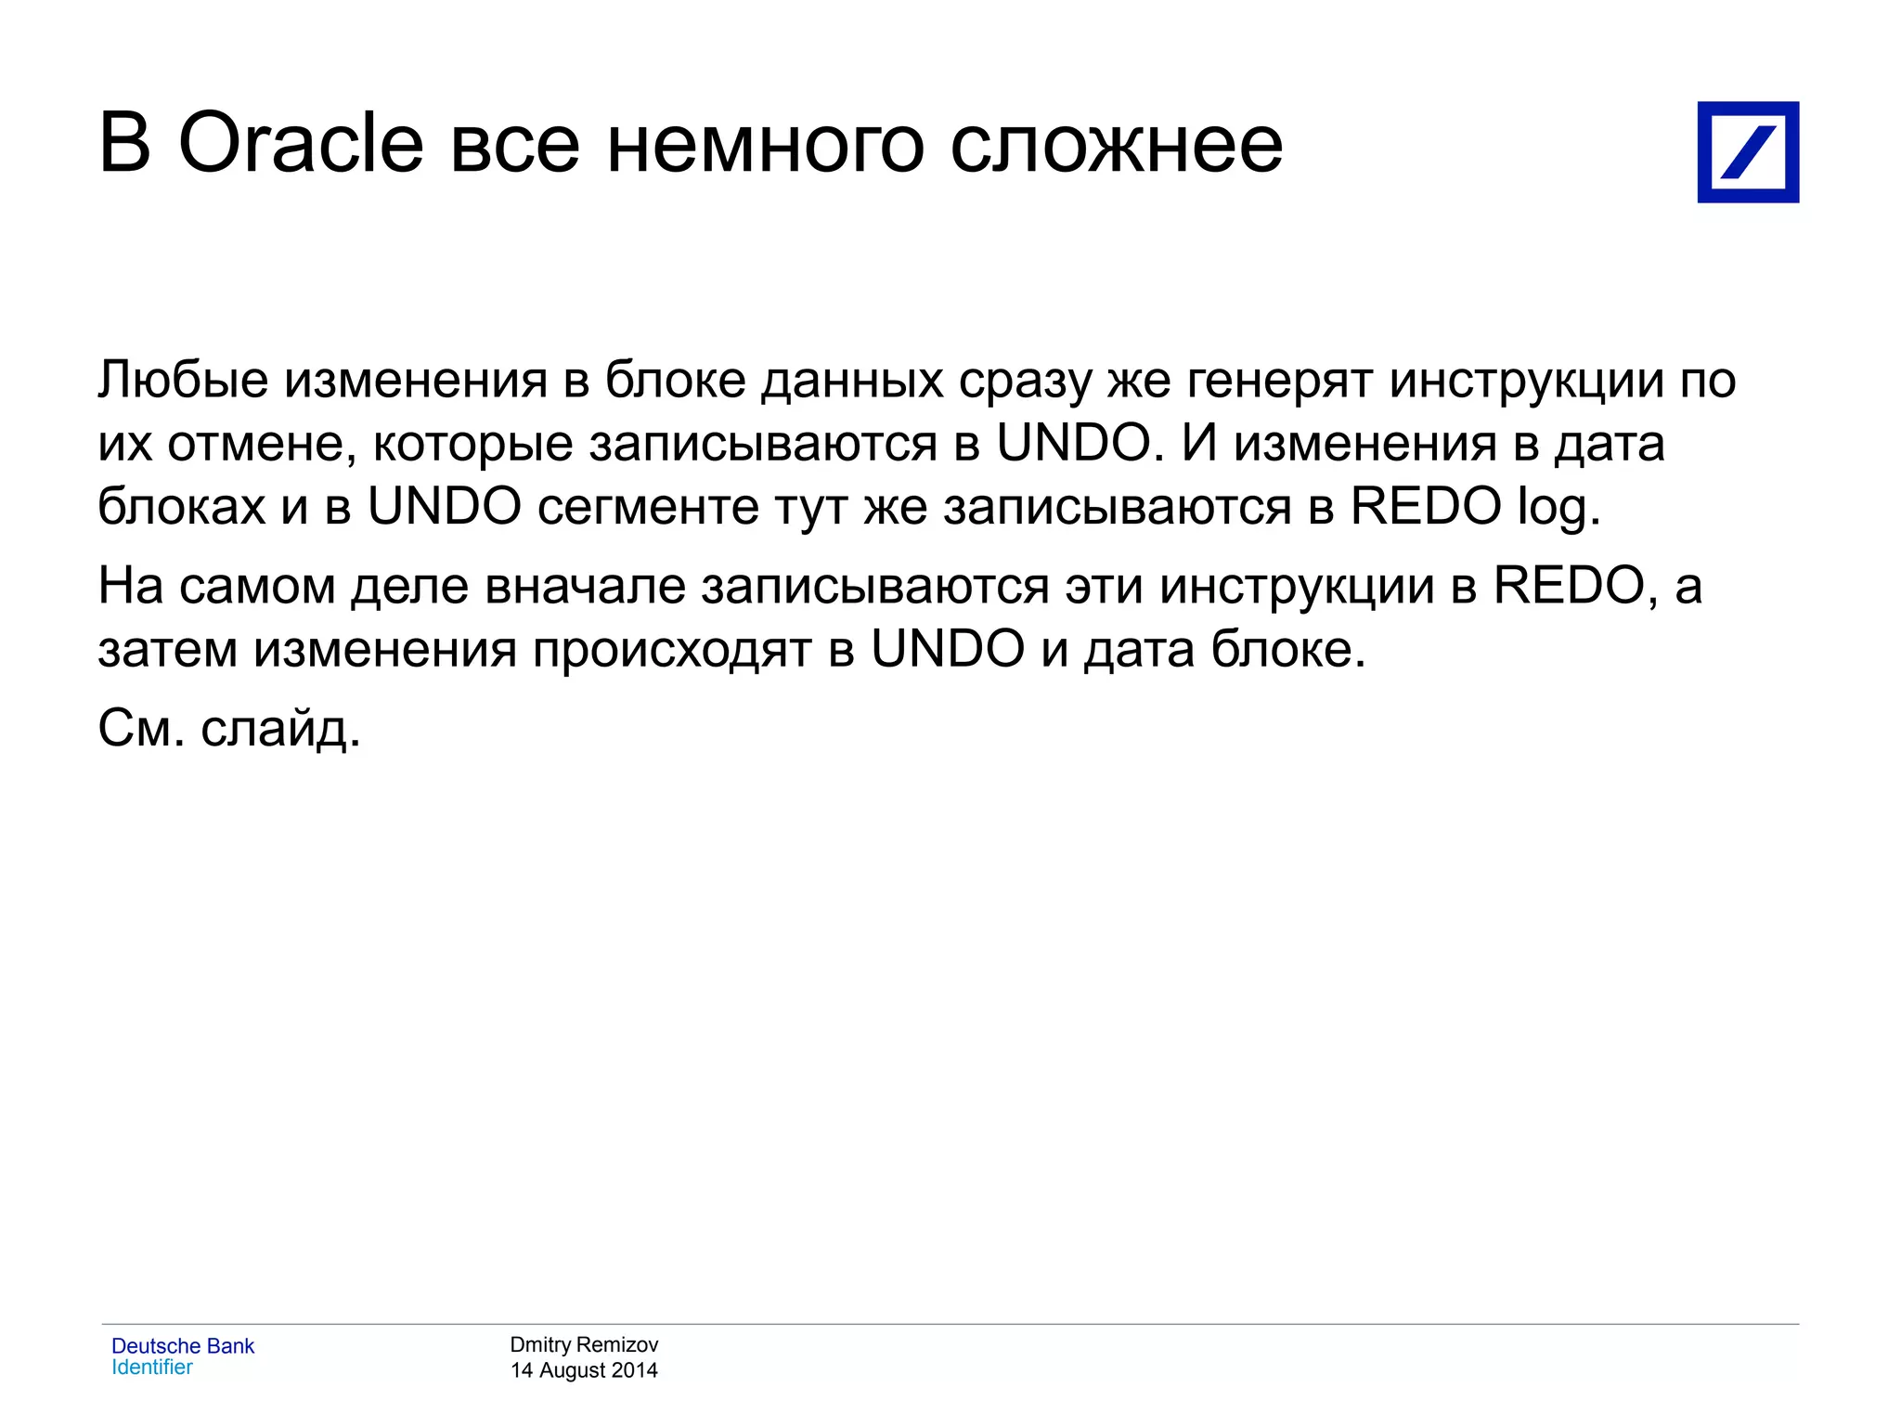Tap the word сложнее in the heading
[x=1116, y=145]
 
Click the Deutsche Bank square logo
[x=1748, y=152]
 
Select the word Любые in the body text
[x=183, y=380]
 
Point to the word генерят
[x=1280, y=382]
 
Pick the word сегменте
[x=646, y=507]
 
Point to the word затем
[x=167, y=649]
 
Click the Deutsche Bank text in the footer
[x=183, y=1346]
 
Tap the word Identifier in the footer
[x=152, y=1368]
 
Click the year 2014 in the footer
[x=634, y=1370]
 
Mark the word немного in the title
[x=765, y=145]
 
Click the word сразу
[x=1026, y=382]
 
